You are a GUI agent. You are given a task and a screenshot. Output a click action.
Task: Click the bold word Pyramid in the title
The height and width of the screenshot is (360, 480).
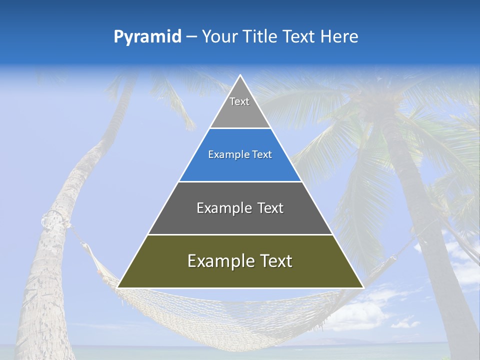pyautogui.click(x=147, y=36)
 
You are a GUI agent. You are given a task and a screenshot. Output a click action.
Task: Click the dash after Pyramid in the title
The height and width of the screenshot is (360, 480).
pyautogui.click(x=191, y=37)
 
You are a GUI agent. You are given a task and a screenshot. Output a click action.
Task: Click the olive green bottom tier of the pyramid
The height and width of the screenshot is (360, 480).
pyautogui.click(x=240, y=275)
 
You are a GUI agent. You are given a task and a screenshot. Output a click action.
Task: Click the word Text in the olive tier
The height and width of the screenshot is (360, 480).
pyautogui.click(x=273, y=261)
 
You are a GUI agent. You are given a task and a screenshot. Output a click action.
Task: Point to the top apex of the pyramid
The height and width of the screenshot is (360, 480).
pyautogui.click(x=240, y=75)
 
